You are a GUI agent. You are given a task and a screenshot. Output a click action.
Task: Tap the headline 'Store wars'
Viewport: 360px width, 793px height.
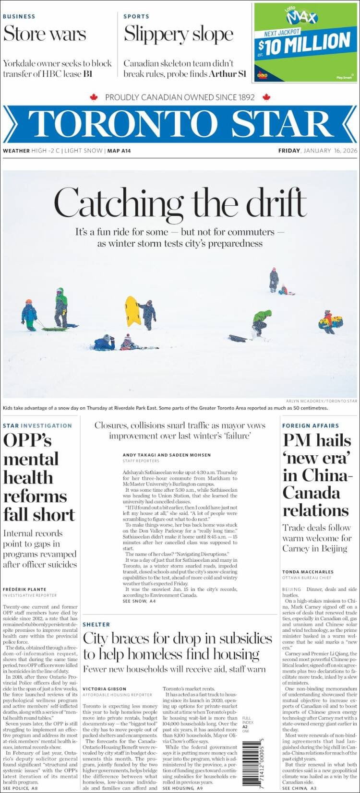pyautogui.click(x=45, y=34)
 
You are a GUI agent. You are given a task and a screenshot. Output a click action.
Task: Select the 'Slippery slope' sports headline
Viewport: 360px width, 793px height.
pyautogui.click(x=179, y=34)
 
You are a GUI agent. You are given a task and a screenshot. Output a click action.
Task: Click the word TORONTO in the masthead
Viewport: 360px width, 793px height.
pyautogui.click(x=122, y=124)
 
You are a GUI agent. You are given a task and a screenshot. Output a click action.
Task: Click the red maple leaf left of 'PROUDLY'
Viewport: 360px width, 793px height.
pyautogui.click(x=94, y=97)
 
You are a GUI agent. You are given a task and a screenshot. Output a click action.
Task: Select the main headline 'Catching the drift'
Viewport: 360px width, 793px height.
pyautogui.click(x=180, y=202)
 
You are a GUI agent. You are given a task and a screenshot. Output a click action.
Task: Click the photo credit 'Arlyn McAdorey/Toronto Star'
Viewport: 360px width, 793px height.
pyautogui.click(x=322, y=401)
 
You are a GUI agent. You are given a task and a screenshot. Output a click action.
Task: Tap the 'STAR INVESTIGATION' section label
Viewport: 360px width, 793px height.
pyautogui.click(x=37, y=426)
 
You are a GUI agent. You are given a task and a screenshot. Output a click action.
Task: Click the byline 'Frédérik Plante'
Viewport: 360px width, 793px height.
pyautogui.click(x=24, y=589)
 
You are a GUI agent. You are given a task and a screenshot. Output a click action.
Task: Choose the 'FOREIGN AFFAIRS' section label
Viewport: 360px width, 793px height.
pyautogui.click(x=311, y=426)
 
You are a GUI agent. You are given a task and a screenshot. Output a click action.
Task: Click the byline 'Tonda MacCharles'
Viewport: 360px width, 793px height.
pyautogui.click(x=307, y=572)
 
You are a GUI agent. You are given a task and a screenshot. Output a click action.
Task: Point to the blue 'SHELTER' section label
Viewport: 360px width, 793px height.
pyautogui.click(x=96, y=625)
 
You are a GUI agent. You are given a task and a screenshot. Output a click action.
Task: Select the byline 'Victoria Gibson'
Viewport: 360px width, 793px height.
pyautogui.click(x=104, y=689)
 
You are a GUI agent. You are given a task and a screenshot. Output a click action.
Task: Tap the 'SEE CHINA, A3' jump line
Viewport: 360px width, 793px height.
pyautogui.click(x=300, y=788)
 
